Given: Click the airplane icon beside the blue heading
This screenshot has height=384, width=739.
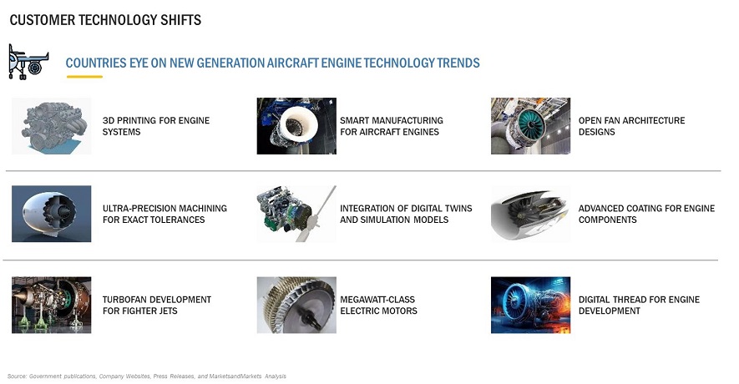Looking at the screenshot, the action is click(x=28, y=62).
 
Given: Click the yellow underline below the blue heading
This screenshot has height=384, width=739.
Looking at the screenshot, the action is click(x=84, y=76).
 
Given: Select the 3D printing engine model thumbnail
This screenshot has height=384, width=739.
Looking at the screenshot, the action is click(x=52, y=126).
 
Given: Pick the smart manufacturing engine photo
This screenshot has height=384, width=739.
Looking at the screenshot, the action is click(x=296, y=126).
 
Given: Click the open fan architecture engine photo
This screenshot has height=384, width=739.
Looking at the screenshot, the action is click(x=530, y=126).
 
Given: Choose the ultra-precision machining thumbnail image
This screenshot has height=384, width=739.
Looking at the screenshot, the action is click(x=52, y=214).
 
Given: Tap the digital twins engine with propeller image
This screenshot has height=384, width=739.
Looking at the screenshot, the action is click(x=296, y=214).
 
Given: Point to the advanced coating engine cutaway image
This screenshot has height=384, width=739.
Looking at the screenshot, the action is click(x=530, y=214).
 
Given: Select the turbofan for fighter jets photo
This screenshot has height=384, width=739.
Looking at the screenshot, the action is click(x=52, y=305).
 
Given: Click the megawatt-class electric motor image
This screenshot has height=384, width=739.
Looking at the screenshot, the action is click(x=296, y=305).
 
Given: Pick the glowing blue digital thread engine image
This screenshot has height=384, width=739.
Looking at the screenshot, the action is click(x=530, y=305).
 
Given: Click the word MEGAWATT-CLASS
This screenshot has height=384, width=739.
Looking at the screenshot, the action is click(x=377, y=300).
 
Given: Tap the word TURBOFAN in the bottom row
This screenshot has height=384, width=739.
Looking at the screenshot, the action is click(x=123, y=300).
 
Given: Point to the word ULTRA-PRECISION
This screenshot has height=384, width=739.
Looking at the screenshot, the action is click(x=134, y=208).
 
